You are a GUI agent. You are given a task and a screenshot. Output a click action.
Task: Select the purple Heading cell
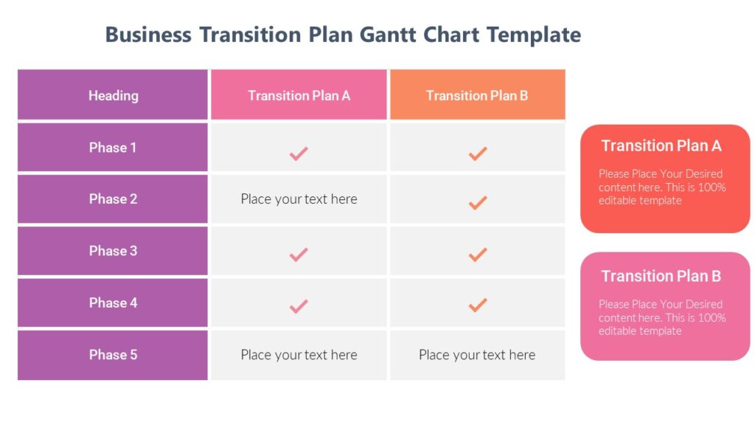tap(113, 95)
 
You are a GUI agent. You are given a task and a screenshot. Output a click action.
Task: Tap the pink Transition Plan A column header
tap(299, 95)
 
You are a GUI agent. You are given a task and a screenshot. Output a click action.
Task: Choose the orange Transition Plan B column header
tap(477, 95)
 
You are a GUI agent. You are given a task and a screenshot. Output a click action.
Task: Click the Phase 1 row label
tap(113, 148)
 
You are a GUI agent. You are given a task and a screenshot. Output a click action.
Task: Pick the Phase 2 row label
tap(113, 199)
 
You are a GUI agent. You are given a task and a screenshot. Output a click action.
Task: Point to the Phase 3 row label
tap(113, 251)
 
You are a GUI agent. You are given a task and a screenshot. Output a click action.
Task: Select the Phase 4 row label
tap(113, 303)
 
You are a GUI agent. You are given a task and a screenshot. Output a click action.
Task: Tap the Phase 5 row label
tap(113, 355)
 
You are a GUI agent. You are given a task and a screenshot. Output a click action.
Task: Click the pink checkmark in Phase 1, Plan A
tap(299, 153)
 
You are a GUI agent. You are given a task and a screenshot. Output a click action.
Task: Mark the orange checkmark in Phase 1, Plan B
tap(478, 153)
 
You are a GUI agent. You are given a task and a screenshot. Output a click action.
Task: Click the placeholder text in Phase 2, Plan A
tap(299, 199)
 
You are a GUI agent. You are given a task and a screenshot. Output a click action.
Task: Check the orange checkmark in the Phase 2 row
tap(478, 202)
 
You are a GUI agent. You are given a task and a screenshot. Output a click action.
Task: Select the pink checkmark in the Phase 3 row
tap(299, 255)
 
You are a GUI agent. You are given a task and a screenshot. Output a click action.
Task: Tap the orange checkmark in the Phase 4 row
tap(478, 304)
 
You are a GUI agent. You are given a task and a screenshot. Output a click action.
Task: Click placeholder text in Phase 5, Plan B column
tap(477, 355)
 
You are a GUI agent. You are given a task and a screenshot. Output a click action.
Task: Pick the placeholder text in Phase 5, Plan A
tap(299, 355)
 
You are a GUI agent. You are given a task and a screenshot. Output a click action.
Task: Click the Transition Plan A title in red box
tap(661, 146)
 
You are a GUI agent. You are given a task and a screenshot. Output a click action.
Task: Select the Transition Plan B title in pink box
tap(661, 277)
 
